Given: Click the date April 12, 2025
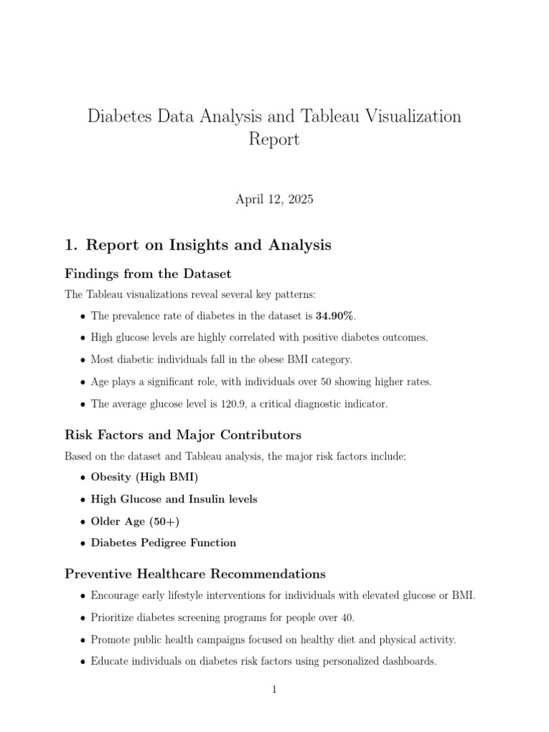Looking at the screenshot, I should coord(274,199).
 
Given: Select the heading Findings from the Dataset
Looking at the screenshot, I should coord(148,274).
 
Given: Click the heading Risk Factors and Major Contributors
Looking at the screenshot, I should coord(183,435).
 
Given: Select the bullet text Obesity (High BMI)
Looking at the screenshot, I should coord(144,478).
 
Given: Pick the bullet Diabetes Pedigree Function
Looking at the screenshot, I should coord(164,543).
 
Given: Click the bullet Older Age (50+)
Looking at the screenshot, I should coord(135,521).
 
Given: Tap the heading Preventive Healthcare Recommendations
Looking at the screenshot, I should coord(195,574).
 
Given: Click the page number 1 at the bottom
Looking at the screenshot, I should coord(274,690).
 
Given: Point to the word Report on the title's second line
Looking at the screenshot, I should coord(274,139).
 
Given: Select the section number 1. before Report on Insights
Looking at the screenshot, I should coord(71,245).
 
